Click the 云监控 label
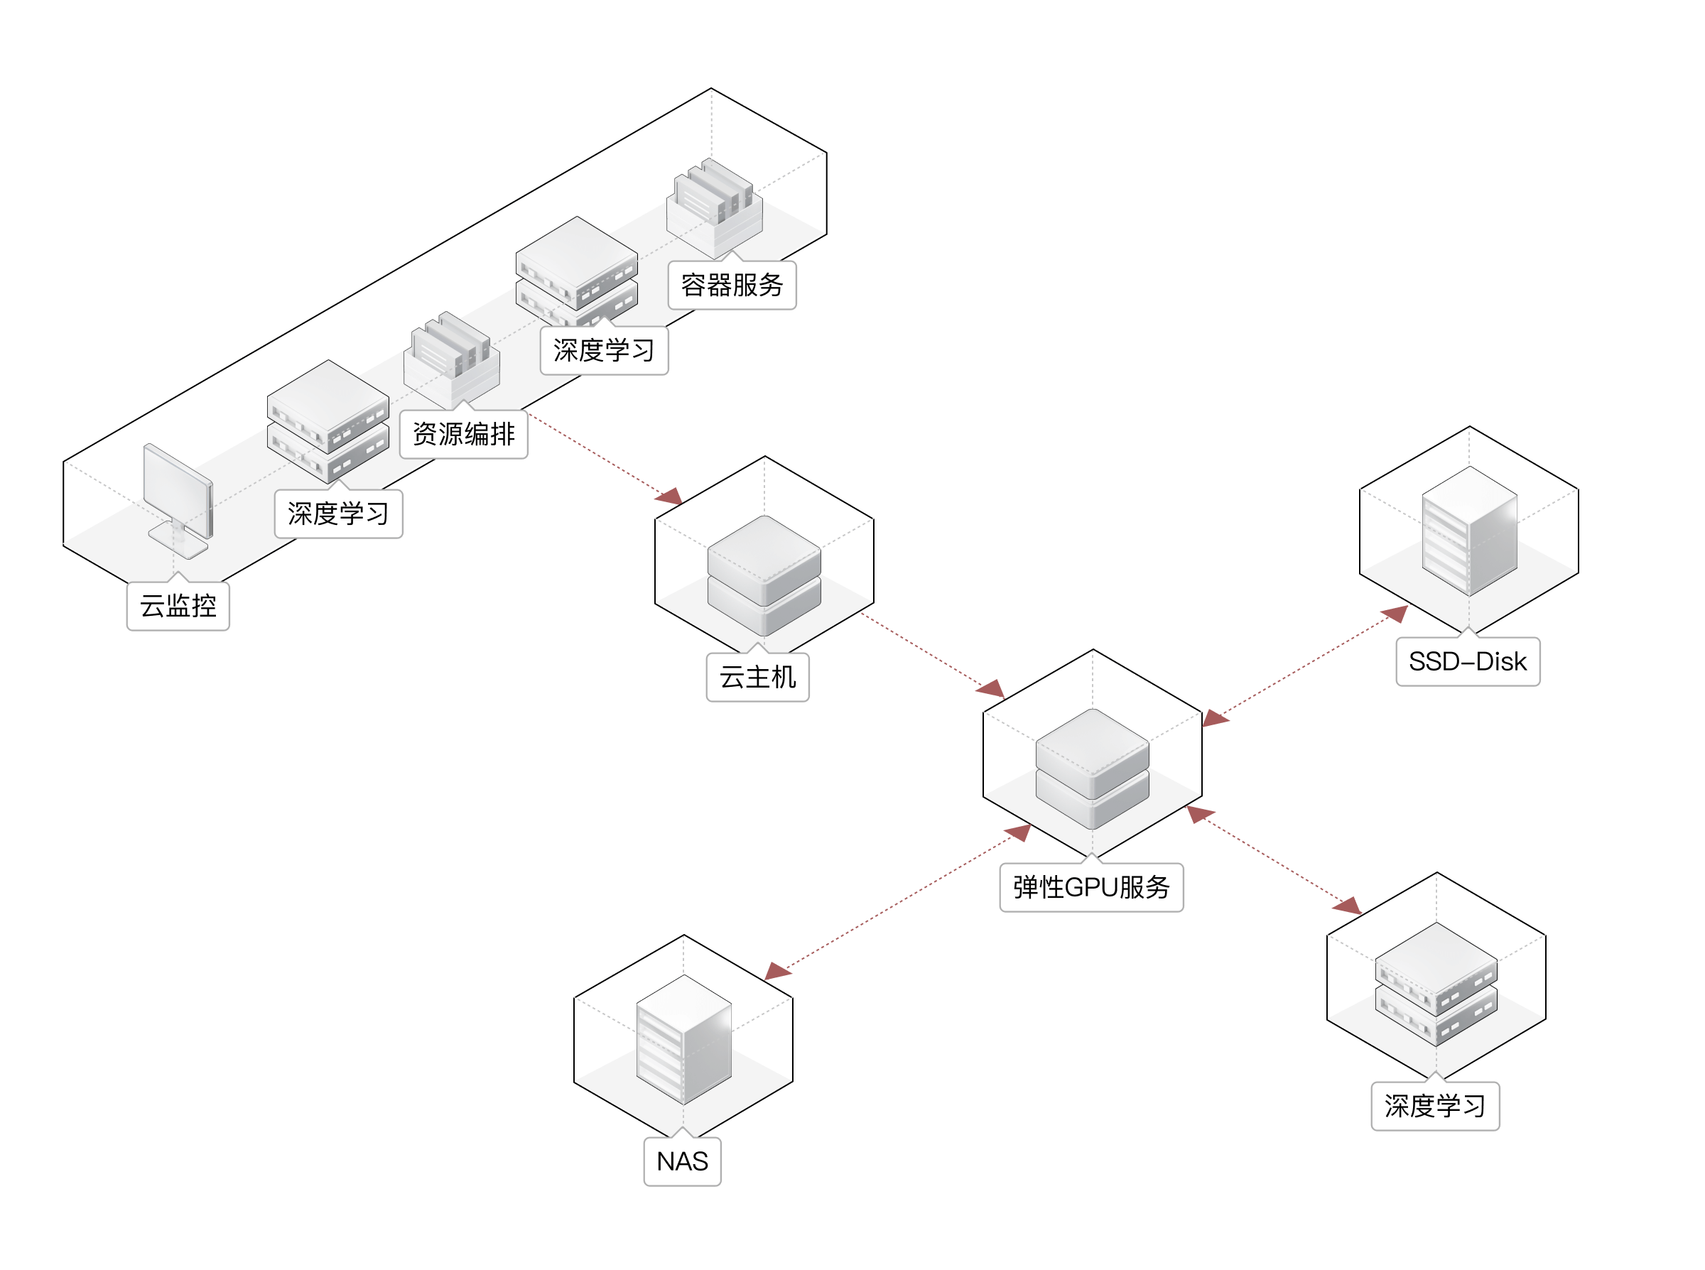tap(178, 606)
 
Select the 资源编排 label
tap(463, 435)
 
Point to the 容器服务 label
tap(732, 286)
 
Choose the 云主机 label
tap(757, 678)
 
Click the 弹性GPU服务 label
tap(1090, 888)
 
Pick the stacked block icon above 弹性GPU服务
tap(1093, 768)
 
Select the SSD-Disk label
tap(1468, 662)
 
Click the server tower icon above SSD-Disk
tap(1469, 531)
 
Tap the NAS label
tap(682, 1161)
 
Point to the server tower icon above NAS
tap(683, 1038)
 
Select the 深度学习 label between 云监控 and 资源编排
tap(338, 514)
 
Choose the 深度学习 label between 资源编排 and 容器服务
tap(603, 351)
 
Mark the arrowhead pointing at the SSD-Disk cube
tap(1396, 614)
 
